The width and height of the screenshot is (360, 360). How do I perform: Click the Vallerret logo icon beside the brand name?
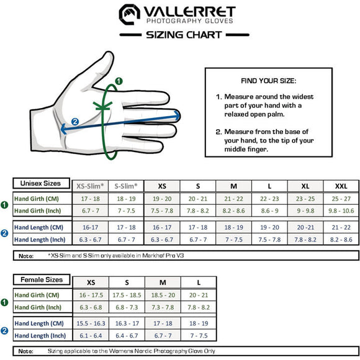129,13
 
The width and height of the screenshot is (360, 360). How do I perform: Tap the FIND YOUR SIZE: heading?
268,81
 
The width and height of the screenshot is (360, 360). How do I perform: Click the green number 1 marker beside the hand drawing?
119,81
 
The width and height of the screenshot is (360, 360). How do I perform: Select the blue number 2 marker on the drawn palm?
75,122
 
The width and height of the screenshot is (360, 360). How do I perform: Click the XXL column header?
341,186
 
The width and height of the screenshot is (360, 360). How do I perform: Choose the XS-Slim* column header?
91,186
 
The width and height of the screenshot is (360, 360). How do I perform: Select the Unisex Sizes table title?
41,184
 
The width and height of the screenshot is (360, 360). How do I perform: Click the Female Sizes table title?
42,280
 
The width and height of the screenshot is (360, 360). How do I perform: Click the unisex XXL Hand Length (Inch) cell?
341,240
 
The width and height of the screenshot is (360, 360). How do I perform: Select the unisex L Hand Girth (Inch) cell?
269,212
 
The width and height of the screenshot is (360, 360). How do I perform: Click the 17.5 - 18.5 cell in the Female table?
127,295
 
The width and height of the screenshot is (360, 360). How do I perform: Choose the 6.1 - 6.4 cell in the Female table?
91,336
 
